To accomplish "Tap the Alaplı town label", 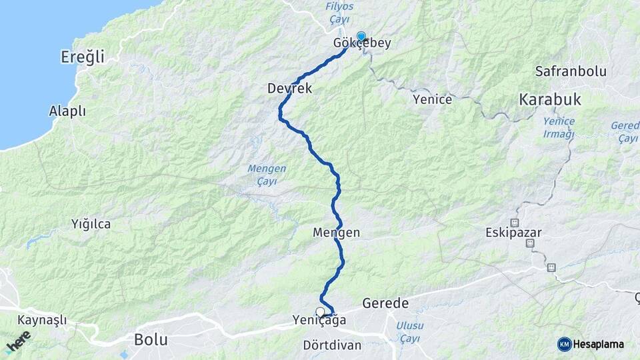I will [67, 111].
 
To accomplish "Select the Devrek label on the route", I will [289, 88].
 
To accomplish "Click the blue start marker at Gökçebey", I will [361, 37].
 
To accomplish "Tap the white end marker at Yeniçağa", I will [321, 311].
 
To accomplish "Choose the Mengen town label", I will [336, 233].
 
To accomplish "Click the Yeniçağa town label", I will [319, 321].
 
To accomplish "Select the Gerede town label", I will [385, 303].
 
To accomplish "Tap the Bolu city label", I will [151, 339].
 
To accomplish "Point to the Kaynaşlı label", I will [43, 320].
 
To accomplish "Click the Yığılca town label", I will [91, 224].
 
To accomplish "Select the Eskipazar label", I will [513, 233].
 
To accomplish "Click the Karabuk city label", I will [550, 100].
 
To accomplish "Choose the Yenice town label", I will [432, 99].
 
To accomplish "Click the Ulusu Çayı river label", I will [409, 332].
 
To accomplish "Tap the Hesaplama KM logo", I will [591, 344].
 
